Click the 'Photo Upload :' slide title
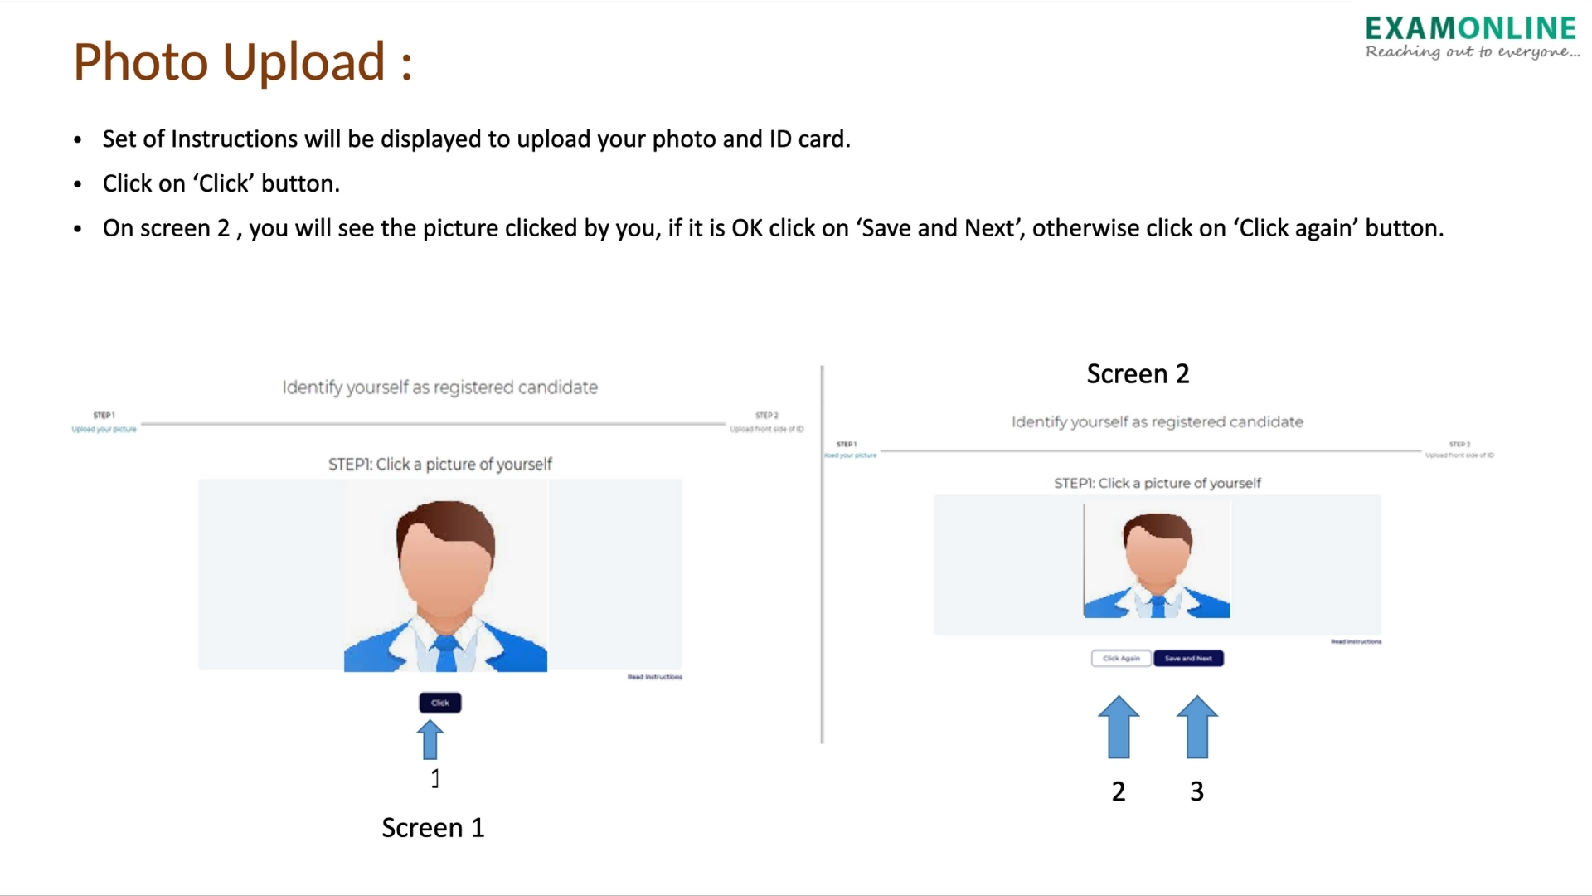[242, 62]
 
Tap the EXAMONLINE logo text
[1470, 29]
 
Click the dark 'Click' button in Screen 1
[439, 703]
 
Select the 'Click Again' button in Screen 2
[1121, 658]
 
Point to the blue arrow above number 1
[430, 739]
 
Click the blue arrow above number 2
[1119, 727]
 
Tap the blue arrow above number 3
[1196, 727]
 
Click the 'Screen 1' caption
[433, 827]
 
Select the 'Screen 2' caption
[1138, 374]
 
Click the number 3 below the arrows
[1196, 791]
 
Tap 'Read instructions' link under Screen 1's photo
[654, 677]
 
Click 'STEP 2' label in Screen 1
[766, 416]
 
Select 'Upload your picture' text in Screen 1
[104, 429]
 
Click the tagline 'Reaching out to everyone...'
[1473, 52]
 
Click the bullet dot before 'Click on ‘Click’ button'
[78, 184]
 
